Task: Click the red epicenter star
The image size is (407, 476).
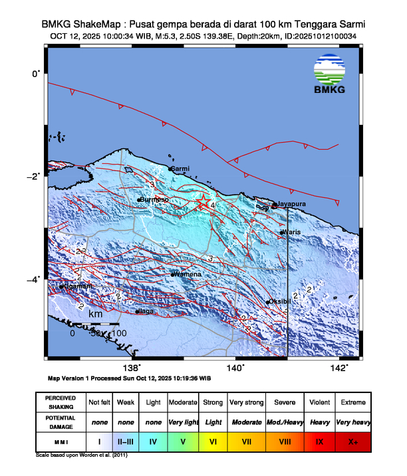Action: tap(204, 204)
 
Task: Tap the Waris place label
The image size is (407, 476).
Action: tap(293, 232)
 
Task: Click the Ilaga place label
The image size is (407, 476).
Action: tap(146, 311)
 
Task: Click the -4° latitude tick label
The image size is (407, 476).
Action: tap(33, 279)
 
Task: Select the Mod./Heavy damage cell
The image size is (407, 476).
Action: tap(283, 422)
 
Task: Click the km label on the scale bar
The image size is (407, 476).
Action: tap(95, 313)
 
